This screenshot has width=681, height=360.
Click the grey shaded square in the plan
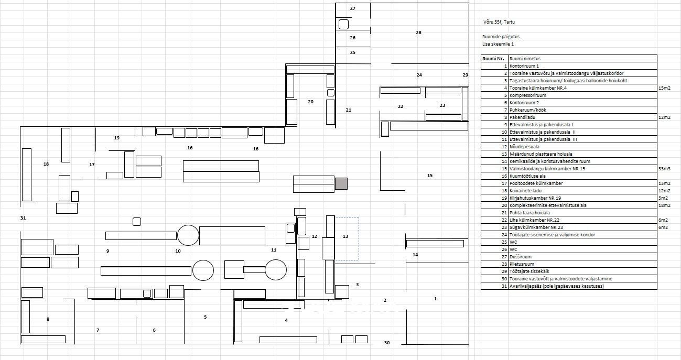(x=341, y=184)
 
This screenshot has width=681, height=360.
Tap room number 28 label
(x=419, y=32)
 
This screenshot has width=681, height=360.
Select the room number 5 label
(x=205, y=317)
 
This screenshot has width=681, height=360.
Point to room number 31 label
(x=23, y=218)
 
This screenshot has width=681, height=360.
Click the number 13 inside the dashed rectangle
(x=345, y=236)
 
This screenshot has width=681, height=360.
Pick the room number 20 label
(x=311, y=102)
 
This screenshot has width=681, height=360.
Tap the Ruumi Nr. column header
(x=493, y=59)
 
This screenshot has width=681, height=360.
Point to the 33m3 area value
(x=664, y=169)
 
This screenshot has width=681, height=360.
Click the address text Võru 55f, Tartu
(x=499, y=22)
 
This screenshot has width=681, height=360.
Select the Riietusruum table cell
(x=522, y=264)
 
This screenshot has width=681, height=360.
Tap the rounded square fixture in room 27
(x=343, y=24)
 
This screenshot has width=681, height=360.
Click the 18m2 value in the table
(x=664, y=205)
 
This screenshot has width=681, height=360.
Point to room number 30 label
(x=387, y=343)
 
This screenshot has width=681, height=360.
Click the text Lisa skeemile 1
(x=498, y=44)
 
